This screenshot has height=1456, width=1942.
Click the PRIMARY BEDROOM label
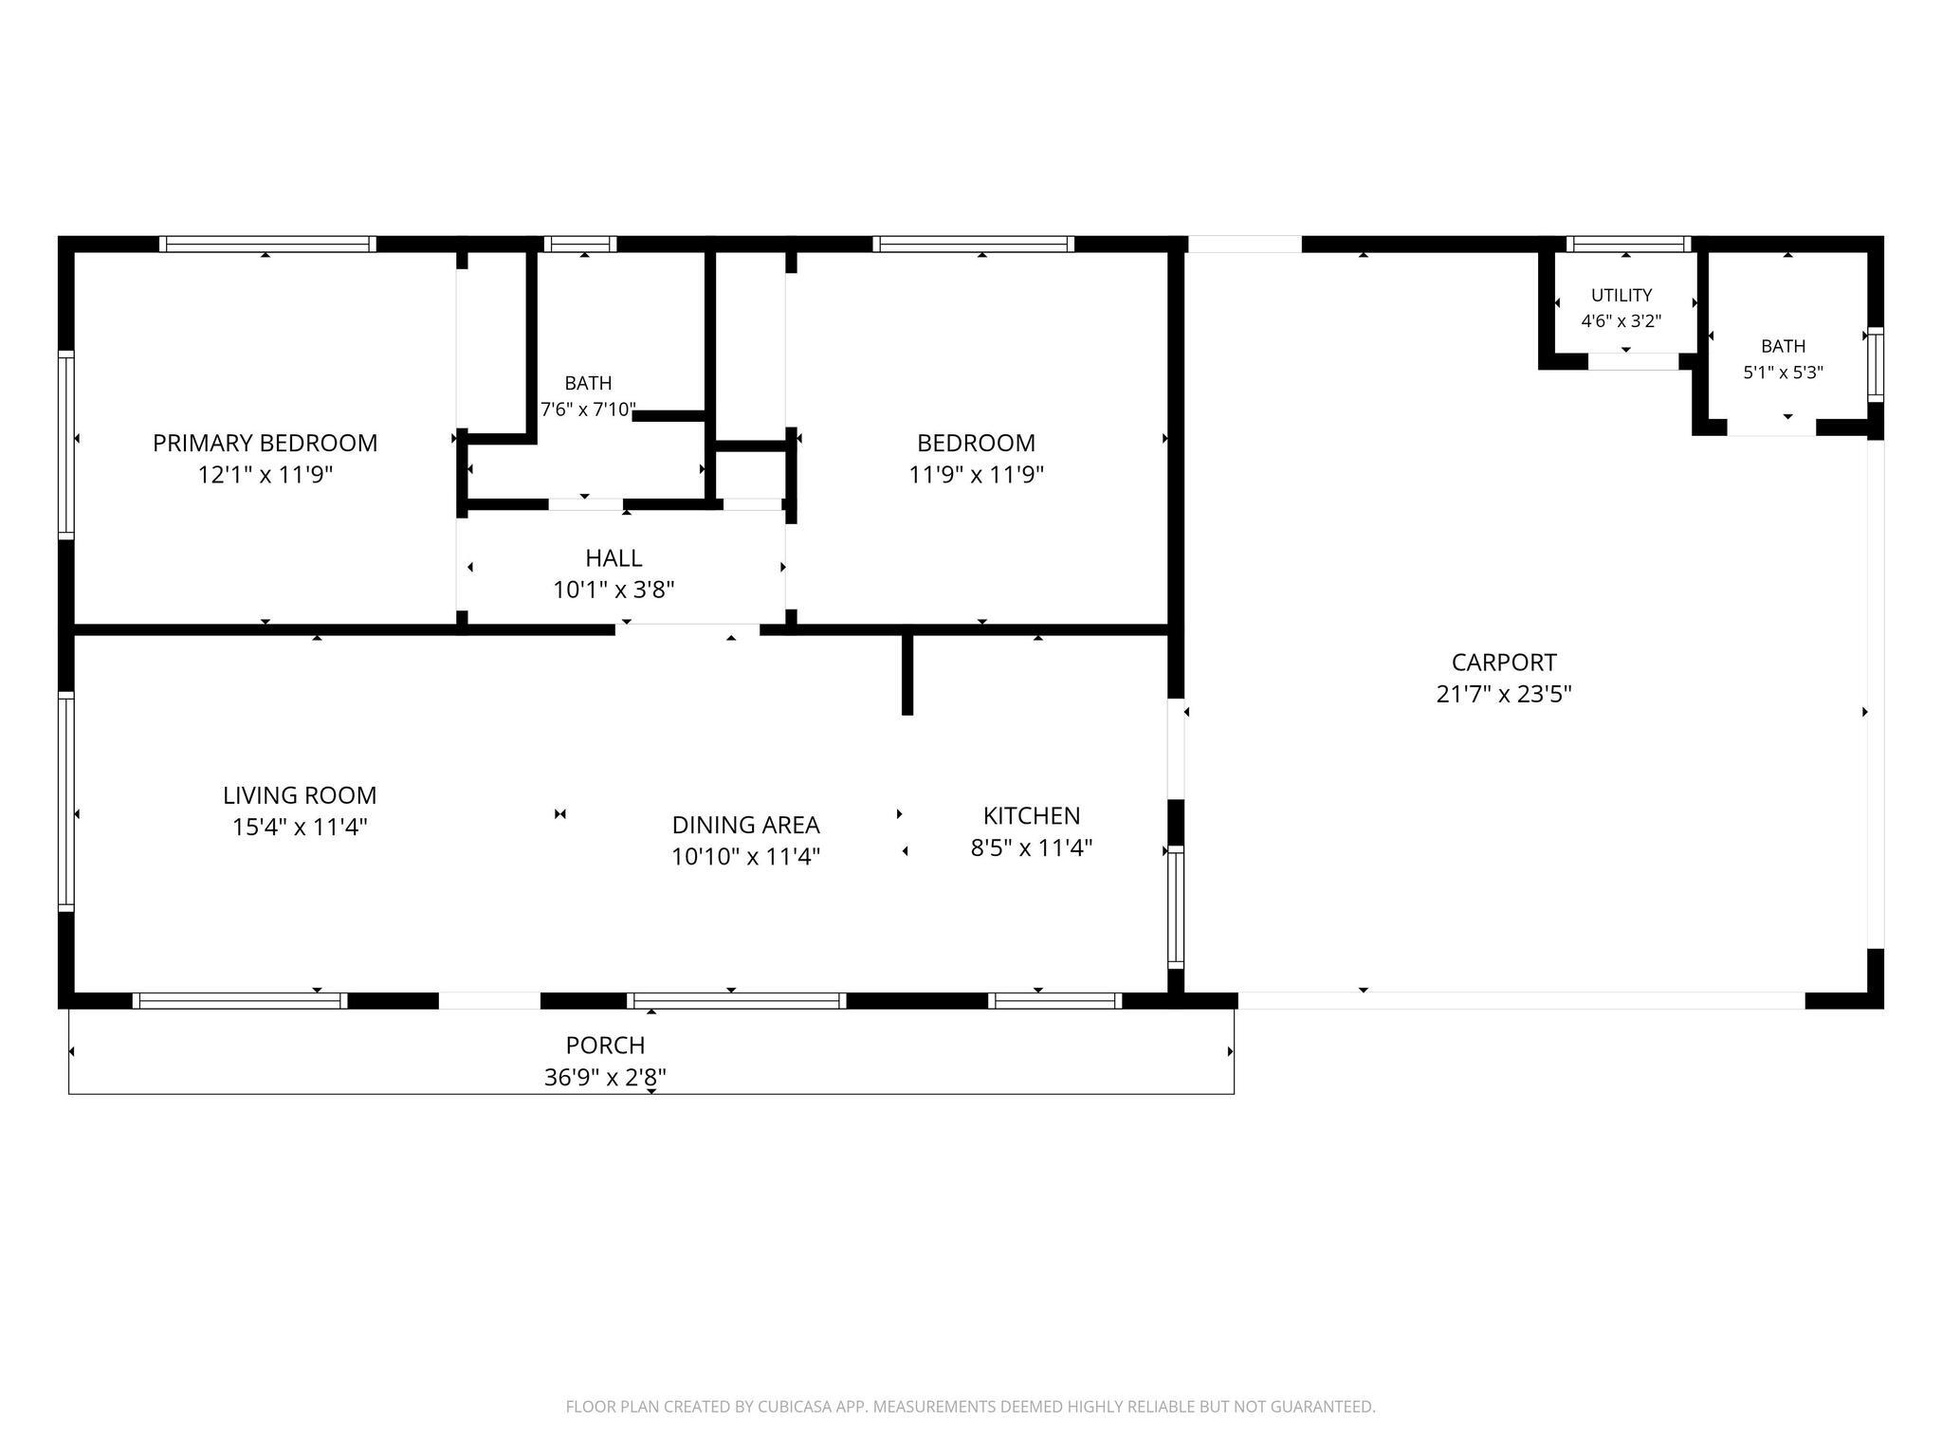pos(266,443)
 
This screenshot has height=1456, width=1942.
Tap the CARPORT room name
pos(1504,662)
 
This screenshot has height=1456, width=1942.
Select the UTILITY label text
pos(1621,295)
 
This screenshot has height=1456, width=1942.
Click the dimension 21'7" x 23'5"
pos(1504,694)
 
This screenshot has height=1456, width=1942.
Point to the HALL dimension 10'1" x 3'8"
pos(614,590)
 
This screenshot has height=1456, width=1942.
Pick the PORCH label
pos(605,1045)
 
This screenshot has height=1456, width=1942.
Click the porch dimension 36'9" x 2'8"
pos(605,1077)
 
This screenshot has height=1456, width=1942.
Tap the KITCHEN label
pos(1032,815)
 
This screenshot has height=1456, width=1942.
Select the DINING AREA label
pos(745,825)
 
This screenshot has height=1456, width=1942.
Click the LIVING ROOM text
pos(300,795)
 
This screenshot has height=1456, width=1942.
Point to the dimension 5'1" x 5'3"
pos(1784,373)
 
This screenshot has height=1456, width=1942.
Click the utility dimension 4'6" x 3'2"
pos(1621,320)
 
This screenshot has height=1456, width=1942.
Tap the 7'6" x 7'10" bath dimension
pos(588,409)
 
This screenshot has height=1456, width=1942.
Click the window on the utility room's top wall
pos(1628,244)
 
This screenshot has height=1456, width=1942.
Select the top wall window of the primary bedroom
pos(267,244)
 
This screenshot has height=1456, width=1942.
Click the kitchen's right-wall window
pos(1176,907)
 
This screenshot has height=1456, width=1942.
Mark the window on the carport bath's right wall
pos(1876,365)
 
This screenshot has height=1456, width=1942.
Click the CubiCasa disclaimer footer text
pos(970,1407)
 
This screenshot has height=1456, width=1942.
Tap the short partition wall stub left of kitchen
pos(907,674)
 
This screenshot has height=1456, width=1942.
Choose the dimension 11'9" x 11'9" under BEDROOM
pos(977,474)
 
